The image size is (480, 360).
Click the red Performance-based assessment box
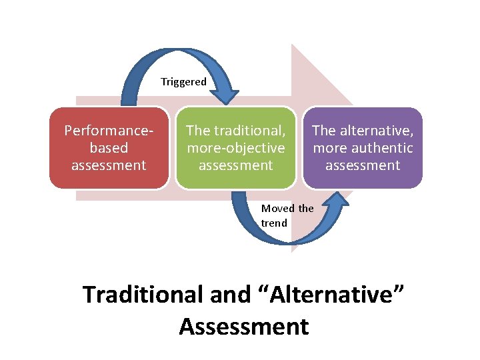point(109,148)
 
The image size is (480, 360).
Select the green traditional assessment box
point(235,148)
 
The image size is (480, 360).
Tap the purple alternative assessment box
point(363,148)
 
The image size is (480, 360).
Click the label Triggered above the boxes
point(183,82)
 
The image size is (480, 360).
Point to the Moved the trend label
point(287,215)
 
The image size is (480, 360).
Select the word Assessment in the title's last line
point(244,327)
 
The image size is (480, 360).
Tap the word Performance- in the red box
point(109,131)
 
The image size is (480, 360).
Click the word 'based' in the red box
point(109,148)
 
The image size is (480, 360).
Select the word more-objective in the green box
point(235,148)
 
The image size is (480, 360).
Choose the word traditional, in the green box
point(249,131)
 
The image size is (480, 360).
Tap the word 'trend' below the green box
point(274,223)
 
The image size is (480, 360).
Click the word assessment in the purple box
point(363,165)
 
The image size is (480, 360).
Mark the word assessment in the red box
point(109,165)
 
